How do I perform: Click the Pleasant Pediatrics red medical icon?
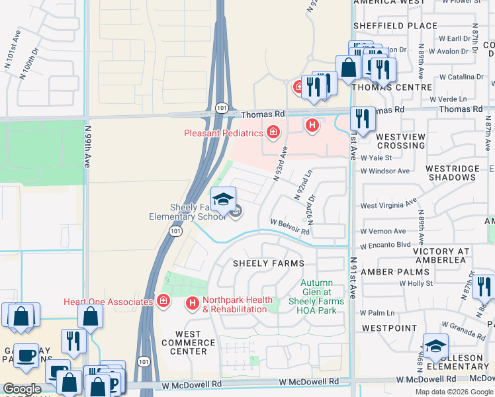pyautogui.click(x=273, y=133)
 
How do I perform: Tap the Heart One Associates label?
pyautogui.click(x=109, y=302)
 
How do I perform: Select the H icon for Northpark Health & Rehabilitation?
pyautogui.click(x=193, y=303)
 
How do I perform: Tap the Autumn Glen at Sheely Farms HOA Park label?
pyautogui.click(x=316, y=291)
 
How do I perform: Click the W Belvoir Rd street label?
pyautogui.click(x=289, y=227)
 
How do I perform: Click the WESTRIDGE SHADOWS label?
pyautogui.click(x=453, y=173)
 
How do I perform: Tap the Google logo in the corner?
pyautogui.click(x=22, y=389)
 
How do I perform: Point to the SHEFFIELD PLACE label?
pyautogui.click(x=395, y=26)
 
